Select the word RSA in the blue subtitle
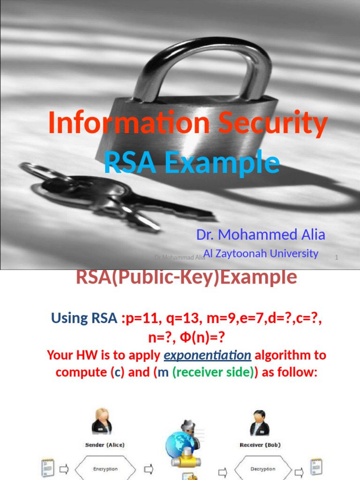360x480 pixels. [x=127, y=163]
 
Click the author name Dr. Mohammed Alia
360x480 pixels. [x=261, y=234]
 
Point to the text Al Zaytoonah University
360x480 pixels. [x=261, y=254]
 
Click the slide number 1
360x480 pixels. [x=337, y=257]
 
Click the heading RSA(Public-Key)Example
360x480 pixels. [x=186, y=277]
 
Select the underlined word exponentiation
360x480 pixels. [x=207, y=355]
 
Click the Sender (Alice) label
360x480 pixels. [x=105, y=444]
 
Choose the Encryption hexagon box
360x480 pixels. [x=105, y=469]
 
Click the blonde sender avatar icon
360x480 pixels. [x=102, y=421]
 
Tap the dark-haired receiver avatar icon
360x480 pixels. [x=259, y=422]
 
